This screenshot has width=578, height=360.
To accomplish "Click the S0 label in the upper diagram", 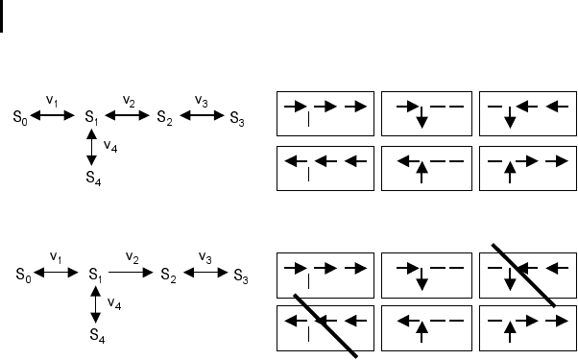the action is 20,117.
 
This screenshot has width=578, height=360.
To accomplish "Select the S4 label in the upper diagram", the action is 94,178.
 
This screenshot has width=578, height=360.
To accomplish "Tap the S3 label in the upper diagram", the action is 237,119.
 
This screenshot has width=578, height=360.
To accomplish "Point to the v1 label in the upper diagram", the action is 52,100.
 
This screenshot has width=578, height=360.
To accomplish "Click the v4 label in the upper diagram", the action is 110,146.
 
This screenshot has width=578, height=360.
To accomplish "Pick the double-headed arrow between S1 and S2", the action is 127,115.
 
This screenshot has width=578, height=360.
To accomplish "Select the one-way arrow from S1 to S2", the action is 131,273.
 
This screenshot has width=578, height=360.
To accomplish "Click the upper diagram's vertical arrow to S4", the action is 91,148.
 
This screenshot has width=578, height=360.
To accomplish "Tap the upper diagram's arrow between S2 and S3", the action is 202,115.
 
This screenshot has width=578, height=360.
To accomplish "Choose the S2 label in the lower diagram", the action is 168,276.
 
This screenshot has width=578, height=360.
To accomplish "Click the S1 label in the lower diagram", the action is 95,276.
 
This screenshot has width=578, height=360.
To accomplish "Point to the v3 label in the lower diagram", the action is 205,257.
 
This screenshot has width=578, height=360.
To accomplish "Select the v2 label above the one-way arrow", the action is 132,257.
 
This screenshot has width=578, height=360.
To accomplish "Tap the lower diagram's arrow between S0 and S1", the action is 56,273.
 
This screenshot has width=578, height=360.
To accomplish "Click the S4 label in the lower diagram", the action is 97,336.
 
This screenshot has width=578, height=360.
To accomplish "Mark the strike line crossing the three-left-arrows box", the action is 325,325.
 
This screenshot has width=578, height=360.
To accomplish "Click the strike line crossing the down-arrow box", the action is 524,275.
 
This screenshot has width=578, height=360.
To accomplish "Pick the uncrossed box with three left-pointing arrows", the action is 325,168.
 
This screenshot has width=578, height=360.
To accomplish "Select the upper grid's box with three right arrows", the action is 325,113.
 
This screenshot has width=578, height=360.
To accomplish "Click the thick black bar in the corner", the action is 2,16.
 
